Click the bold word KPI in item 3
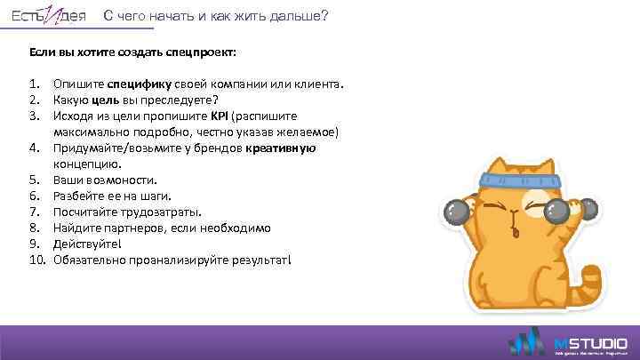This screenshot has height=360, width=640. pos(220,116)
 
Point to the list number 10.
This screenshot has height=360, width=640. pos(37,260)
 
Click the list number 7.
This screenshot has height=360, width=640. pos(35,212)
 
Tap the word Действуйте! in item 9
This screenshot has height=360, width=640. pos(86,244)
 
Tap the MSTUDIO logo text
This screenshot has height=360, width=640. pos(591,342)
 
